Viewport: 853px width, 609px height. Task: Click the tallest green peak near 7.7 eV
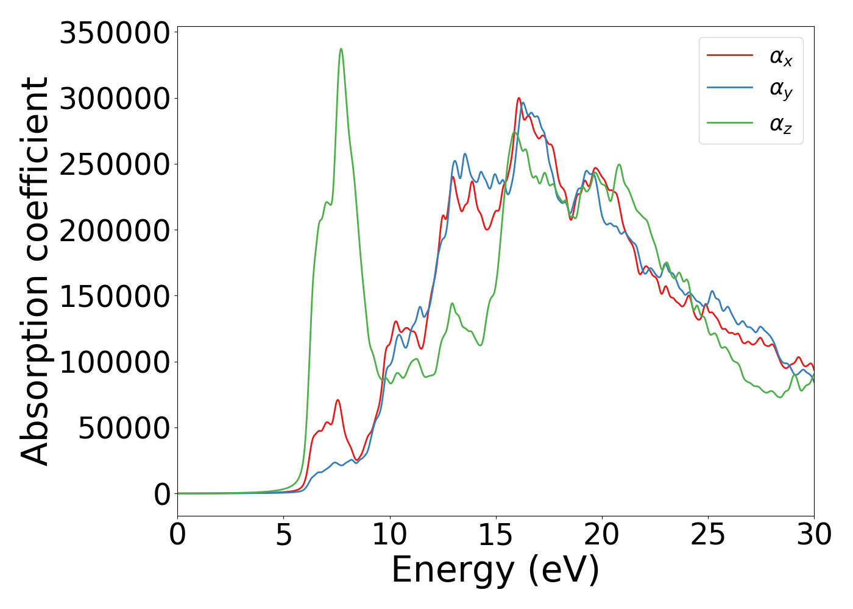[x=341, y=49]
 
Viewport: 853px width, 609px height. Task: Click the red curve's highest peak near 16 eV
[x=519, y=98]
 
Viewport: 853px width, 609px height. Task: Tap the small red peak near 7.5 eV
[x=338, y=400]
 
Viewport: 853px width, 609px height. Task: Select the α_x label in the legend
[x=781, y=57]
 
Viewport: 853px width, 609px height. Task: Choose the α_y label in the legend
[x=781, y=90]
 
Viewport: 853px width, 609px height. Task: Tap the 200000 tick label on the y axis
[x=114, y=231]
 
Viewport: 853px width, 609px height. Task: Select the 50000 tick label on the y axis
[x=124, y=429]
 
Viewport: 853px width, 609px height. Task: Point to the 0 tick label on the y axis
[x=161, y=495]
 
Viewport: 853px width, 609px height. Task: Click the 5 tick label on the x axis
[x=283, y=535]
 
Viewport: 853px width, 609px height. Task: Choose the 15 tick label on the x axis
[x=496, y=535]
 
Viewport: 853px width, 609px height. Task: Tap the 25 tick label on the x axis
[x=708, y=535]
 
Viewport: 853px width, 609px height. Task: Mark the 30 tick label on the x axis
[x=813, y=535]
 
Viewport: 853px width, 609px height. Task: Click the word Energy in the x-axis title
[x=453, y=571]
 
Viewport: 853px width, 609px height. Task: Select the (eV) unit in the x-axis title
[x=564, y=571]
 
